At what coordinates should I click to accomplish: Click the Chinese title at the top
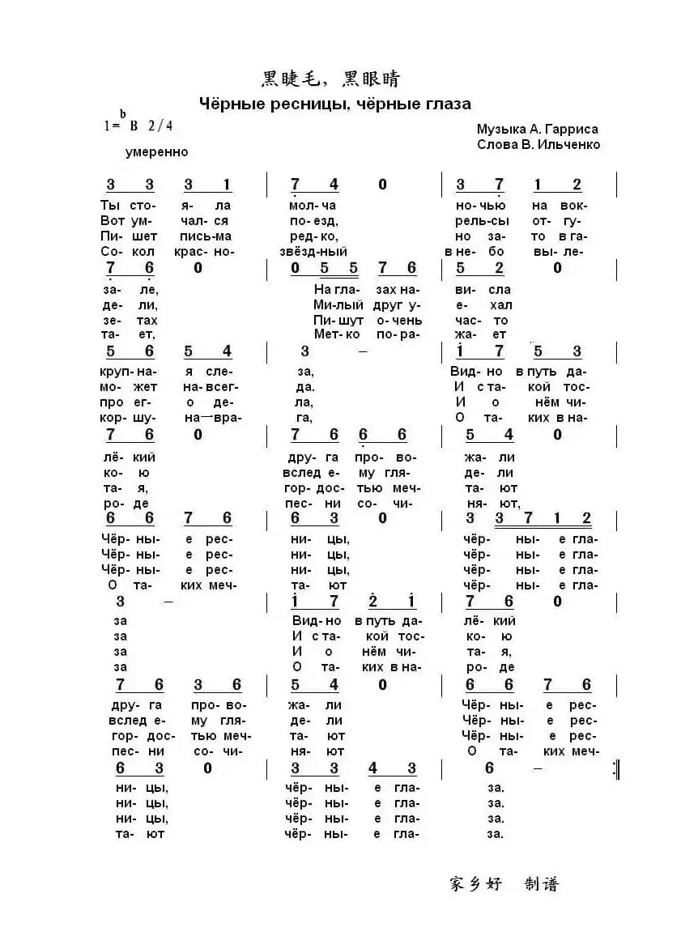click(330, 79)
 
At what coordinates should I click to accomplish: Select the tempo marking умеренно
click(157, 151)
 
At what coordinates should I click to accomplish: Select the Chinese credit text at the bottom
click(504, 883)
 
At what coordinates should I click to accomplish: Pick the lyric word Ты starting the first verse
click(109, 205)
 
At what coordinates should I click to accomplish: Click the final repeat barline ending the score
click(617, 770)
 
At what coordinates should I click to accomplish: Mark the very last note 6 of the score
click(489, 768)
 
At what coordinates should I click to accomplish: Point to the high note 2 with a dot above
click(373, 601)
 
